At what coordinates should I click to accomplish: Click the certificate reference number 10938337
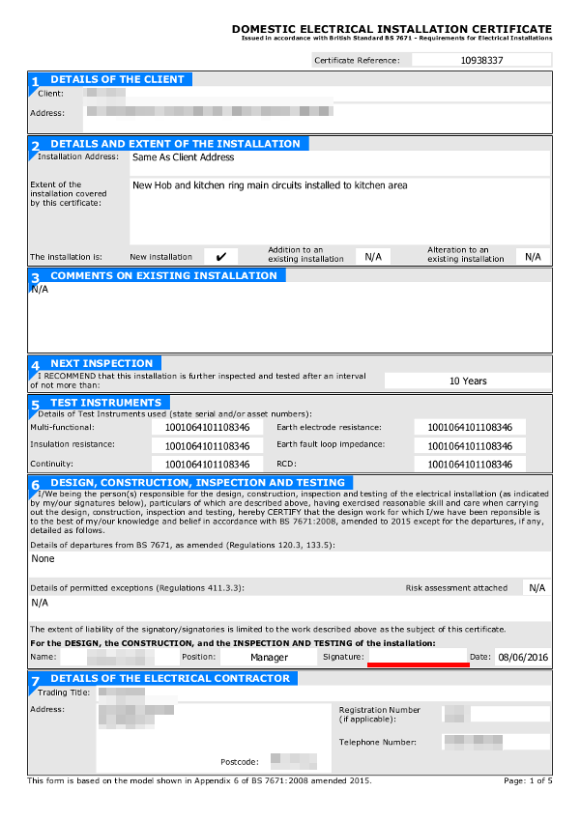click(481, 60)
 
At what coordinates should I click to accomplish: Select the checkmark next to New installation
click(220, 256)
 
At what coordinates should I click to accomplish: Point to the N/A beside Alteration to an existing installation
click(533, 256)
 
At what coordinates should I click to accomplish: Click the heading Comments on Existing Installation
click(163, 275)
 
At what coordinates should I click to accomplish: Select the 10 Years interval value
click(468, 381)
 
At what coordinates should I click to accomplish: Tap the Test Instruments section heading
click(105, 402)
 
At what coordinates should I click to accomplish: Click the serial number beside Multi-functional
click(207, 427)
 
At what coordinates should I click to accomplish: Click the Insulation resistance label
click(72, 444)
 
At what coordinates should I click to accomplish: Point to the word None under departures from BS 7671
click(43, 558)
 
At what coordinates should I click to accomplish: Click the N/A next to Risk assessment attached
click(536, 587)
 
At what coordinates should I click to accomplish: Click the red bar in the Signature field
click(418, 663)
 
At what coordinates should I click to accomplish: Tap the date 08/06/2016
click(523, 657)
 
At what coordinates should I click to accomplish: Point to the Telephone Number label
click(378, 742)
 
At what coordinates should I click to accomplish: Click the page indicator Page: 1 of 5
click(528, 779)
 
